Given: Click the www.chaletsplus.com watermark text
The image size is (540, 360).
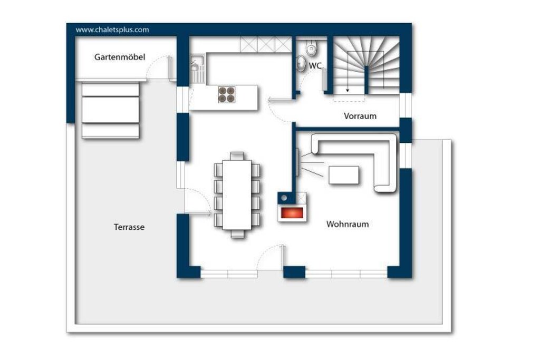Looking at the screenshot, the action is coord(112,30).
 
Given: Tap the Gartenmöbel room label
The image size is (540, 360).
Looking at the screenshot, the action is coord(120,57).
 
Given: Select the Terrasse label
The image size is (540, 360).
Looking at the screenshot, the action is coord(129,227).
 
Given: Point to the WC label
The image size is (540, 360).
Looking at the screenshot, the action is coord(315,65).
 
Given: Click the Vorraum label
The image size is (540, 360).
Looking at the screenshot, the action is coord(360,115).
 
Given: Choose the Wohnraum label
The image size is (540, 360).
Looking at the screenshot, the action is coord(348,224).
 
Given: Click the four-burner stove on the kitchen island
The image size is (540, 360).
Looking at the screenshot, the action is coord(226,94).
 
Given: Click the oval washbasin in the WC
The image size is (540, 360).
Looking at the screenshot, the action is coord(301,63).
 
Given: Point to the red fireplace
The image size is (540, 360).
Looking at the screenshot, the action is coord(292,213).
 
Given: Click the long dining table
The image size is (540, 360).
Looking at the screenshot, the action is coord(237,195).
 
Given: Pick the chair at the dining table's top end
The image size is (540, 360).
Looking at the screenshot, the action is coord(237,156).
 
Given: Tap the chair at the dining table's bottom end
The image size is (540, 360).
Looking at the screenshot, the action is coord(237,233).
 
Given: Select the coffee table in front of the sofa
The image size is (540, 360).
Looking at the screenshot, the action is coord(344,175).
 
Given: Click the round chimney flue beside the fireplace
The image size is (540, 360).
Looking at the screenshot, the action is coord(284,198).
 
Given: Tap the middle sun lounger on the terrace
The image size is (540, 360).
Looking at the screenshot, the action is coord(110,110).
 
